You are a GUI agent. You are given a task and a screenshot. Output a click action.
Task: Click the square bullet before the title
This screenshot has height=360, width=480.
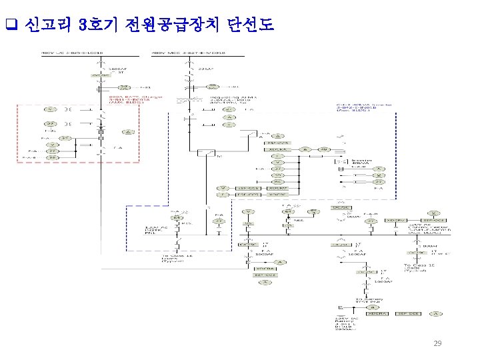[x=10, y=26]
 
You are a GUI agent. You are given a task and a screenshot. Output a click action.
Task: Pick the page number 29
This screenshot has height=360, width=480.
[x=437, y=343]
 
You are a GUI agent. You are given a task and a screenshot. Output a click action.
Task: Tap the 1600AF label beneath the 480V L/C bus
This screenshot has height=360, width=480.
[x=117, y=69]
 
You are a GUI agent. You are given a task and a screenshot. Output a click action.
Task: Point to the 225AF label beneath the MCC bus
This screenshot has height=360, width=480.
[x=206, y=69]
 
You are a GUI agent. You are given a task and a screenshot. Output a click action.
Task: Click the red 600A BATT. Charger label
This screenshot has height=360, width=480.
[x=125, y=99]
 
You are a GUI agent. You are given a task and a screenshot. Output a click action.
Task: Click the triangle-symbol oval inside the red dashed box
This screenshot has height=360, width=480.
[x=131, y=131]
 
